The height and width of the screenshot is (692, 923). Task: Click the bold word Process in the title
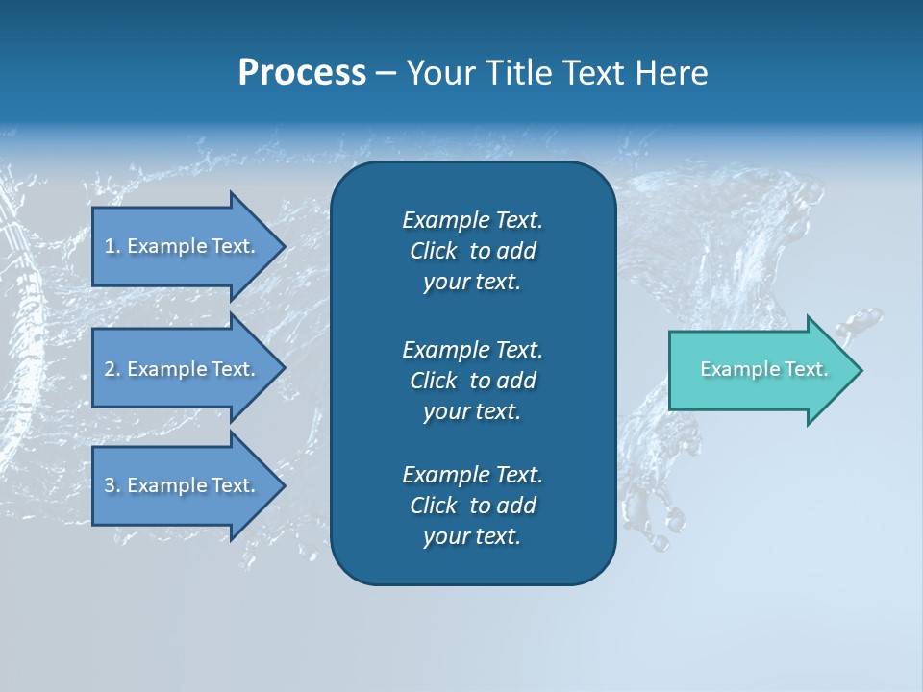(x=302, y=73)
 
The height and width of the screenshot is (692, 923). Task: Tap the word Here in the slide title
(x=671, y=73)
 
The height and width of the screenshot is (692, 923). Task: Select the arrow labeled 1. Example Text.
(x=183, y=246)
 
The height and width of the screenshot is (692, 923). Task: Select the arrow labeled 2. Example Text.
(x=183, y=369)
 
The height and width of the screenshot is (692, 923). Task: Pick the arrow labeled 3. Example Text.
(x=183, y=485)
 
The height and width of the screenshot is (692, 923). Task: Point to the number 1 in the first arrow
(x=110, y=246)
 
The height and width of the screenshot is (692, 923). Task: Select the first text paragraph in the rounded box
(x=472, y=251)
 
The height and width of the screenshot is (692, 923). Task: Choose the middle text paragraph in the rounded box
(x=472, y=380)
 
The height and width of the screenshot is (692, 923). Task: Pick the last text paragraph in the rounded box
(x=472, y=506)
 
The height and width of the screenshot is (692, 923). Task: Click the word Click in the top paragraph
(x=434, y=251)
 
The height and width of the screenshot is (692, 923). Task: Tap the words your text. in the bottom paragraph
(x=472, y=536)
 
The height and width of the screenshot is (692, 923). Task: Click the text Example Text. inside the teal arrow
(x=763, y=369)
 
